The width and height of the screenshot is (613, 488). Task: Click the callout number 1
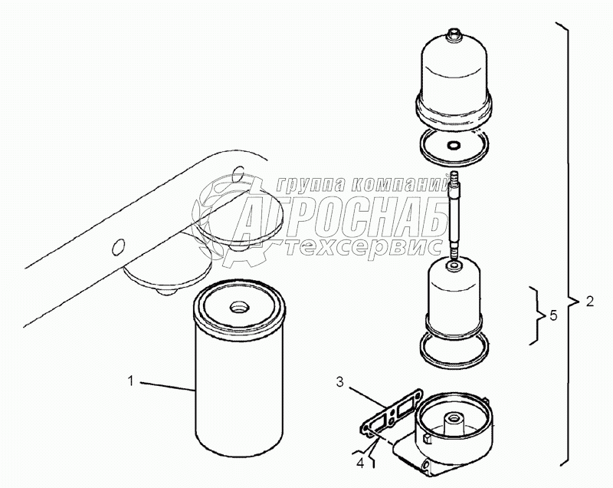[130, 381]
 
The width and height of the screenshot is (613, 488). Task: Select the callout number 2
[589, 301]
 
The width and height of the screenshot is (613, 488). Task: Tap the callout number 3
[340, 382]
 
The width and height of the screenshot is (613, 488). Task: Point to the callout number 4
[360, 464]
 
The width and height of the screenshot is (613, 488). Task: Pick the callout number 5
[553, 315]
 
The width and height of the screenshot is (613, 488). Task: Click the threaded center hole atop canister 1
[238, 307]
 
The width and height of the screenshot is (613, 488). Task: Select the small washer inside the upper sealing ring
[454, 146]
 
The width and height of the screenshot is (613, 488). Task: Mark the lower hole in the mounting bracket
[118, 247]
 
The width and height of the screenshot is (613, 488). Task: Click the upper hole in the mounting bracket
[238, 173]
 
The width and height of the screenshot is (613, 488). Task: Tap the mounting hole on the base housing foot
[426, 466]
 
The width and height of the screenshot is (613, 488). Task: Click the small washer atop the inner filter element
[454, 266]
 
